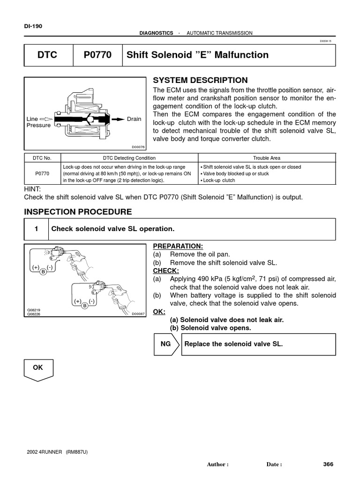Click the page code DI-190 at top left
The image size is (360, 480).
click(x=33, y=26)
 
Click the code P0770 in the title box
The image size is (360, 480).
click(x=97, y=55)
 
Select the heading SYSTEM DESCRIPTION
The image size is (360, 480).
click(x=200, y=80)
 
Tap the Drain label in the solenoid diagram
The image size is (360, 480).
click(x=134, y=119)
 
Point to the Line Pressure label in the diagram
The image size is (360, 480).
click(x=38, y=122)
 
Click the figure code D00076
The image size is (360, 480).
click(x=139, y=147)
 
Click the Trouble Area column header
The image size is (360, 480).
click(x=267, y=158)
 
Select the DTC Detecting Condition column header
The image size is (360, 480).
click(x=129, y=158)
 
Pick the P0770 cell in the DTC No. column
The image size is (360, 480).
click(x=43, y=173)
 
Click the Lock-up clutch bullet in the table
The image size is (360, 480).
click(x=218, y=180)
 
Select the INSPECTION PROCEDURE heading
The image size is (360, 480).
click(x=78, y=212)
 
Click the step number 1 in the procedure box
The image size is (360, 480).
click(x=36, y=229)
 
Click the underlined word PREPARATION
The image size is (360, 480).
click(x=178, y=246)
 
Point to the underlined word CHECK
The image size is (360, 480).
click(x=166, y=270)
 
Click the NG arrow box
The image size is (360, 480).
click(x=166, y=344)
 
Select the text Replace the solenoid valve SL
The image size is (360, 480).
click(x=234, y=344)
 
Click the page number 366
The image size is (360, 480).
click(x=328, y=464)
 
